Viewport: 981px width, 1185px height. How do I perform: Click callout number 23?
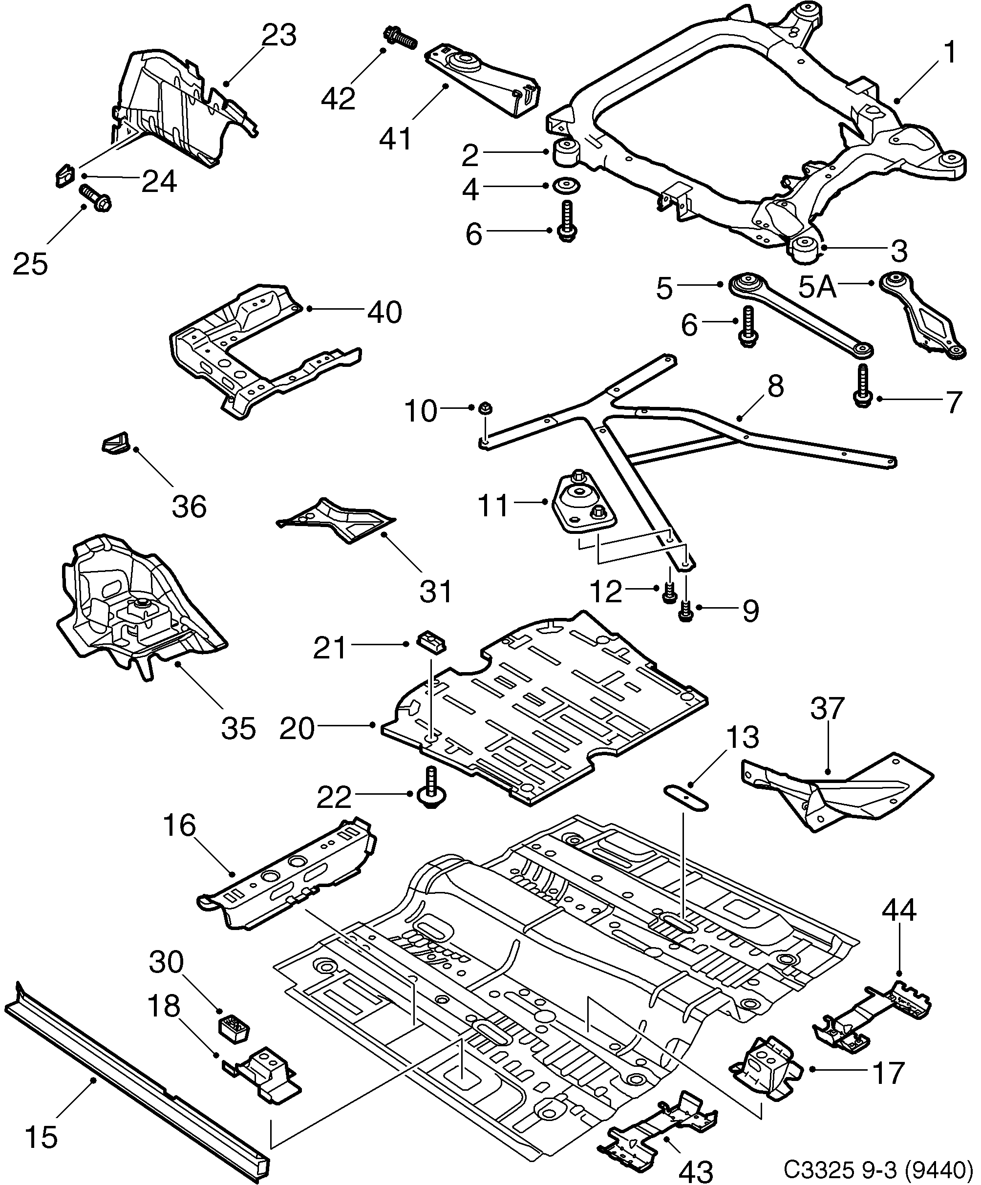279,36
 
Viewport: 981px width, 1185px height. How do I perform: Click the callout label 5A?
817,287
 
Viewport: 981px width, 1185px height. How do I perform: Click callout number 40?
384,312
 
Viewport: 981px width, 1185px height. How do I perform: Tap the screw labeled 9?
685,611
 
